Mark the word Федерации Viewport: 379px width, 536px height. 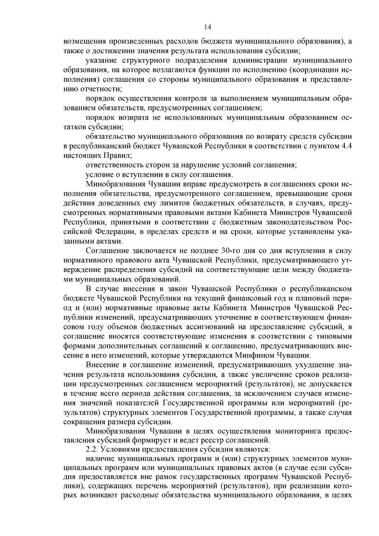coord(115,232)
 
